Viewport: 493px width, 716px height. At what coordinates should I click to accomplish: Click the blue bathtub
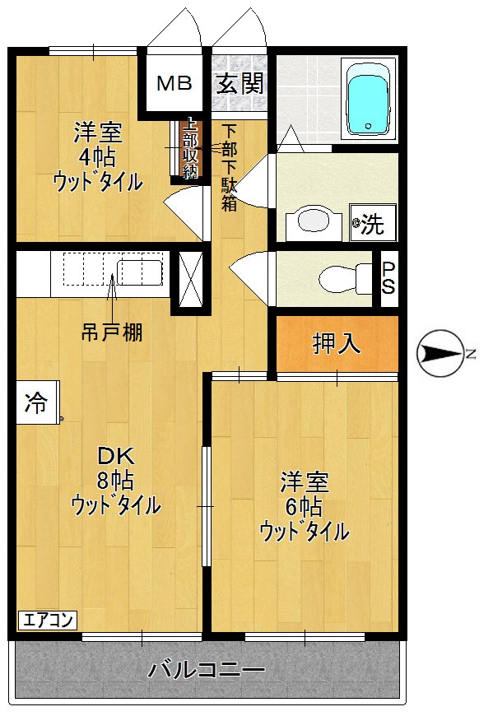(369, 99)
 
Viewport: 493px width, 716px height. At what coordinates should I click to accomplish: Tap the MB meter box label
(174, 83)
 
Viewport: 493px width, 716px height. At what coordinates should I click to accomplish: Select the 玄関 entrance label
(240, 83)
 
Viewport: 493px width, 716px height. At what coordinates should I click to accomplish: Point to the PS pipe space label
(388, 278)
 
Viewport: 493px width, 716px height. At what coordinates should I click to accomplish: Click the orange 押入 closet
(337, 343)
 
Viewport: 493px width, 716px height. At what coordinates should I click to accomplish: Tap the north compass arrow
(441, 353)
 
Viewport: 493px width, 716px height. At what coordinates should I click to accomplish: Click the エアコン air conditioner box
(48, 621)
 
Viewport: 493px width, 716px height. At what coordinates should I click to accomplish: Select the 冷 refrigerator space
(38, 402)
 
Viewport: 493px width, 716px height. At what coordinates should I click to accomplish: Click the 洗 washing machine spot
(373, 223)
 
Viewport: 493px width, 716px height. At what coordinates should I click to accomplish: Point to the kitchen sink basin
(139, 273)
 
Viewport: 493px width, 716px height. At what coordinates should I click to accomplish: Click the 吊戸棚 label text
(112, 332)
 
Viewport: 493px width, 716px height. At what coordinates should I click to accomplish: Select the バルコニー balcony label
(207, 671)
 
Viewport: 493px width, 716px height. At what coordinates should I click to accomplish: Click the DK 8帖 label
(115, 480)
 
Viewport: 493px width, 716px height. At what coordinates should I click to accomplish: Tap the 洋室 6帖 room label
(305, 506)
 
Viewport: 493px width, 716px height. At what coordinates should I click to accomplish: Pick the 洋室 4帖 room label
(98, 156)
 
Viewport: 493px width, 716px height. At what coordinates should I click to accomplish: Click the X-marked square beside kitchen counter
(190, 280)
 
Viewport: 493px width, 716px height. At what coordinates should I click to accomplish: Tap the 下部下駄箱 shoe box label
(229, 168)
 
